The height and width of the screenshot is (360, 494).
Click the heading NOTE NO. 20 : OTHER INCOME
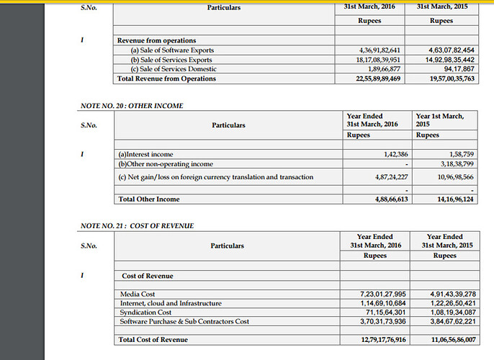(130, 106)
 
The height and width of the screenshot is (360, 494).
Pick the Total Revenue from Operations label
(166, 78)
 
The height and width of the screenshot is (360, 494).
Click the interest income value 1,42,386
(392, 155)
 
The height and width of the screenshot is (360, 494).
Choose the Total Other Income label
(148, 199)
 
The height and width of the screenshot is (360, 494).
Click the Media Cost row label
(138, 294)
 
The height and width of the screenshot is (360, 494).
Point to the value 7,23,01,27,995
(382, 294)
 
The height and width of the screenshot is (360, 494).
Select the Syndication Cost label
(145, 312)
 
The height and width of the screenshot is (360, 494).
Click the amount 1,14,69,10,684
(382, 303)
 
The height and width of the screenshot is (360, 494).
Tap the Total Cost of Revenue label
(153, 339)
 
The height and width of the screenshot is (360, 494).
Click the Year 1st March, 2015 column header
(441, 120)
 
